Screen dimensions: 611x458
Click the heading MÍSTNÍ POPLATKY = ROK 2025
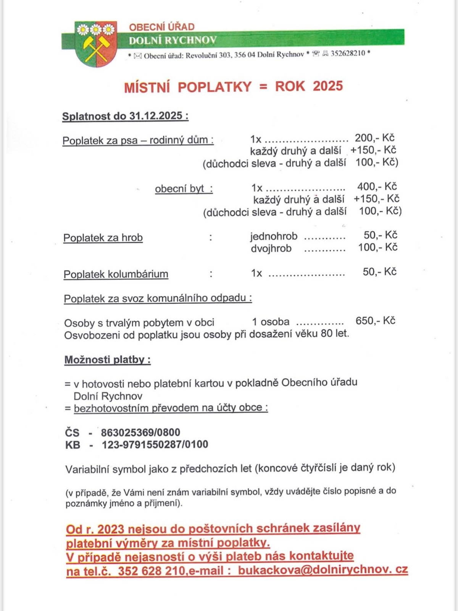pyautogui.click(x=233, y=87)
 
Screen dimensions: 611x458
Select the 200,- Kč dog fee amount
pyautogui.click(x=374, y=138)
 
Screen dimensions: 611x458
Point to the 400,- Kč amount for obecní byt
pyautogui.click(x=377, y=187)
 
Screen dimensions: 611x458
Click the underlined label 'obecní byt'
pyautogui.click(x=183, y=189)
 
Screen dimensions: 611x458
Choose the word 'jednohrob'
pyautogui.click(x=274, y=236)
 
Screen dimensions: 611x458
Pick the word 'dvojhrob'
pyautogui.click(x=271, y=249)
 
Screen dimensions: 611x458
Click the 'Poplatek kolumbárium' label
pyautogui.click(x=116, y=274)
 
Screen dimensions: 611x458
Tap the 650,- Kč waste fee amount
pyautogui.click(x=375, y=321)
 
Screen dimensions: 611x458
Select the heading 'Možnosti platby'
pyautogui.click(x=107, y=360)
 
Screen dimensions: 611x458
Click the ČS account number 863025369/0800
pyautogui.click(x=140, y=432)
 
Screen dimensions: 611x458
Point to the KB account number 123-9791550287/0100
pyautogui.click(x=155, y=445)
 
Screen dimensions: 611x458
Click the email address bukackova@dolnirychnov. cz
pyautogui.click(x=323, y=570)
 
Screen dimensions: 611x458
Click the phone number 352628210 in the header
pyautogui.click(x=348, y=53)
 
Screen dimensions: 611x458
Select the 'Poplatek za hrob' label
pyautogui.click(x=103, y=238)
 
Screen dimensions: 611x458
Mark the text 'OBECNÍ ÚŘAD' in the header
pyautogui.click(x=162, y=27)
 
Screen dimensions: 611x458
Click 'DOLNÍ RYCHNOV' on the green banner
pyautogui.click(x=173, y=40)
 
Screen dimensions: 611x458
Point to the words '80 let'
pyautogui.click(x=334, y=334)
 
